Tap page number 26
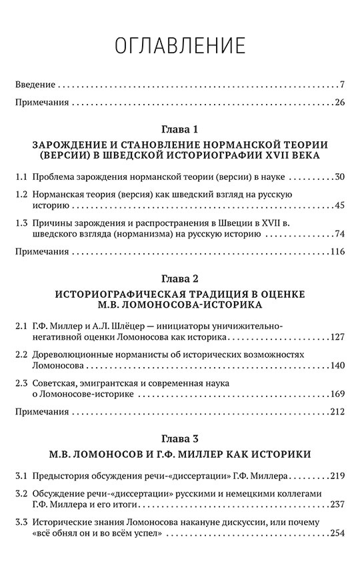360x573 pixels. click(x=338, y=103)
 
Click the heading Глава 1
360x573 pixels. click(x=180, y=129)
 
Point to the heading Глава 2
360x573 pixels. click(x=180, y=276)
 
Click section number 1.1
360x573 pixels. click(x=21, y=179)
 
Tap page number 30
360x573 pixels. click(x=338, y=179)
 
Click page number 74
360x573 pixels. click(x=338, y=233)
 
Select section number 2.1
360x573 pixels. click(x=21, y=326)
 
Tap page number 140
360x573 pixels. click(x=336, y=366)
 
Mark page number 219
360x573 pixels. click(x=336, y=477)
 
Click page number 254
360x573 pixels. click(x=336, y=534)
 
